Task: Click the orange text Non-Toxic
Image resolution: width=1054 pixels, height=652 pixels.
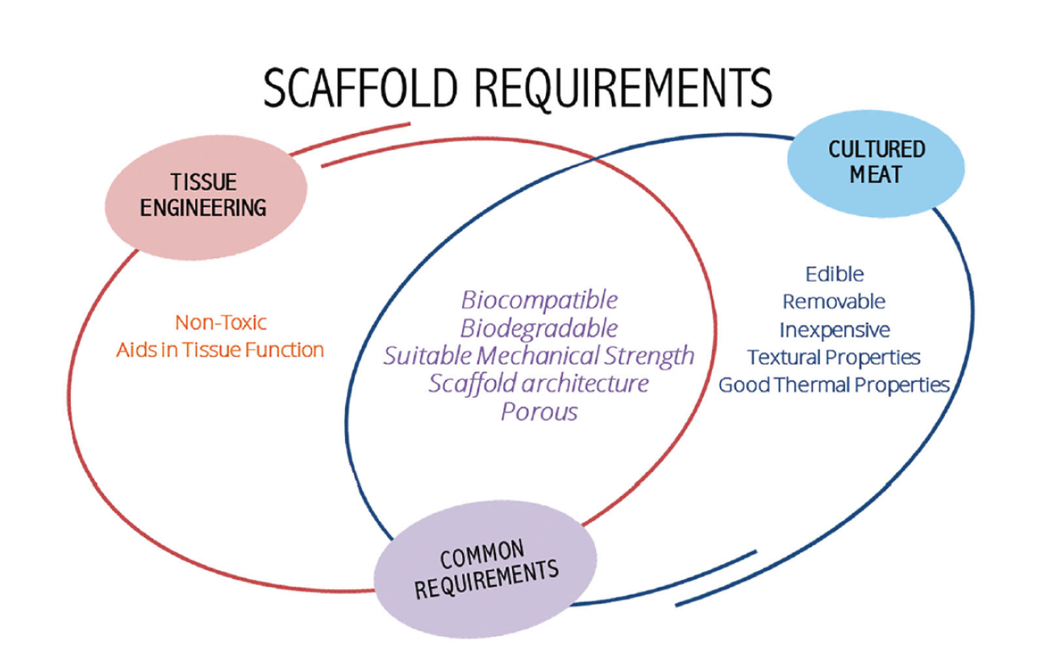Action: point(220,323)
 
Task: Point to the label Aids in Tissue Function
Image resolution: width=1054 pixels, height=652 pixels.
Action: point(220,349)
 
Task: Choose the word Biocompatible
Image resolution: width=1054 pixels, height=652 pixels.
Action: point(539,300)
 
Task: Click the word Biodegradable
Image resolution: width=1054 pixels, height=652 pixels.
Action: point(539,328)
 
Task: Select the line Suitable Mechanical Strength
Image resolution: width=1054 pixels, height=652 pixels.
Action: point(539,355)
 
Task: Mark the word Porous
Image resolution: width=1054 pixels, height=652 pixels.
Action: point(539,411)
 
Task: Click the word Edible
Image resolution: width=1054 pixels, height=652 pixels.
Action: point(834,274)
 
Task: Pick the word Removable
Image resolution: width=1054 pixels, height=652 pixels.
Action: point(834,302)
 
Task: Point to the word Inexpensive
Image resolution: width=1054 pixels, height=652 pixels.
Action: point(834,329)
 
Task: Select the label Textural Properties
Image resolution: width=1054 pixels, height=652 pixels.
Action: point(834,357)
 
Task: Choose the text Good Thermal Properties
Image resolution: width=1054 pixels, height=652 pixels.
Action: point(834,384)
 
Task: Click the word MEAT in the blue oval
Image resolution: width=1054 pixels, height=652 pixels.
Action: point(876,173)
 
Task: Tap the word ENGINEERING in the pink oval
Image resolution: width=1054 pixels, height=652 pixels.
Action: point(203,207)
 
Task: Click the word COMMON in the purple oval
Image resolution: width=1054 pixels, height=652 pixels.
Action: point(481,557)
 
